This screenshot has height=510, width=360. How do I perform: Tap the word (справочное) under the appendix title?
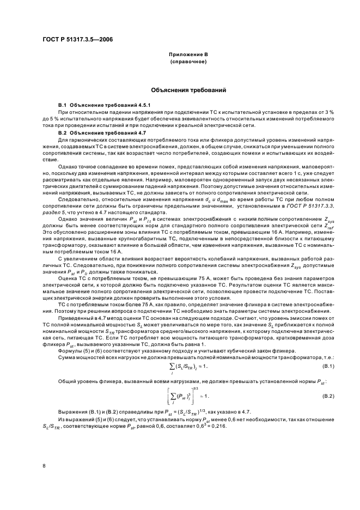(x=180, y=62)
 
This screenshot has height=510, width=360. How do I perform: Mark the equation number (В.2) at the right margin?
(x=328, y=395)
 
